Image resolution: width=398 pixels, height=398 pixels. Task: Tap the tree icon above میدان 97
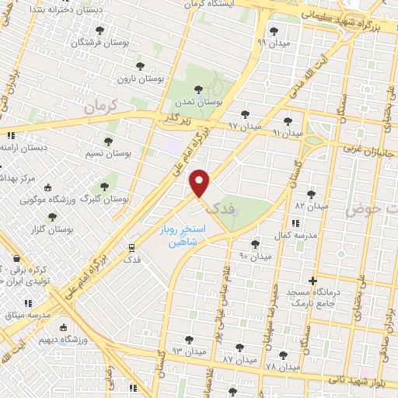tap(245, 113)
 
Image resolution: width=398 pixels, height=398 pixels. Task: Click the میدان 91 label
tap(288, 134)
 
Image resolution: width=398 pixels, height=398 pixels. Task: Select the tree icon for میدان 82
tap(312, 194)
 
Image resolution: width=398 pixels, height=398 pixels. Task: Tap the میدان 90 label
tap(254, 256)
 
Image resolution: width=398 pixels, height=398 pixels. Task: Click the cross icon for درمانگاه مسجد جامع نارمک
tap(312, 280)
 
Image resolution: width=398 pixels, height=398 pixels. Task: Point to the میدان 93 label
tap(188, 352)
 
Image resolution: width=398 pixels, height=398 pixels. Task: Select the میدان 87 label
tap(239, 361)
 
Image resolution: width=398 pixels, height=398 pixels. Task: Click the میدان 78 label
tap(281, 366)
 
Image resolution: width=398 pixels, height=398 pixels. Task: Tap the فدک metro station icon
tap(131, 248)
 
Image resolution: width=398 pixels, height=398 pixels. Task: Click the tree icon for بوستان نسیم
tap(108, 141)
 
